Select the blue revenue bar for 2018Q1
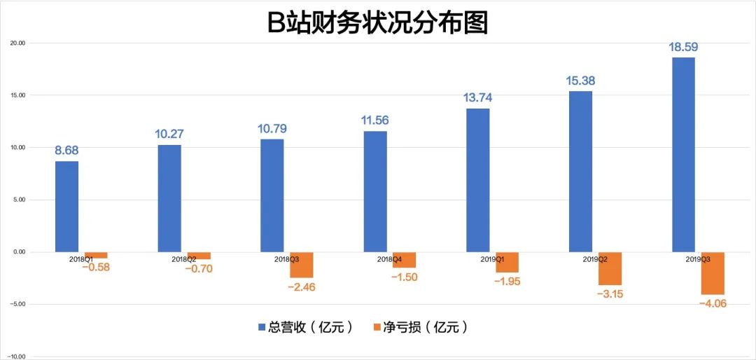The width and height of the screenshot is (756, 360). pos(67,207)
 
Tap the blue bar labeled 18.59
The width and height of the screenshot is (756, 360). pos(684,154)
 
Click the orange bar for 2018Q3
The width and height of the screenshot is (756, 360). pos(302,265)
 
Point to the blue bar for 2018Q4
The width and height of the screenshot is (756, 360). pos(375,191)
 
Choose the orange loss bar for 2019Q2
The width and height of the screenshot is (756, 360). pos(610,268)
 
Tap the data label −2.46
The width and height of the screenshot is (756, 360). pos(303,286)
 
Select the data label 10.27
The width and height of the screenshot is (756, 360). pos(169,134)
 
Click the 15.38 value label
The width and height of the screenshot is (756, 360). pos(581,81)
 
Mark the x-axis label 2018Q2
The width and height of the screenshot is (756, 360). pos(183,259)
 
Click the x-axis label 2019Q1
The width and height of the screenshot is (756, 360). pos(492,259)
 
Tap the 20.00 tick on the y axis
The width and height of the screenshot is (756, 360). pos(17,43)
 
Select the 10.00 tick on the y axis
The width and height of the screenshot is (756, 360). pos(17,147)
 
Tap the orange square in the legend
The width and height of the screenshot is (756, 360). pos(379,328)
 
